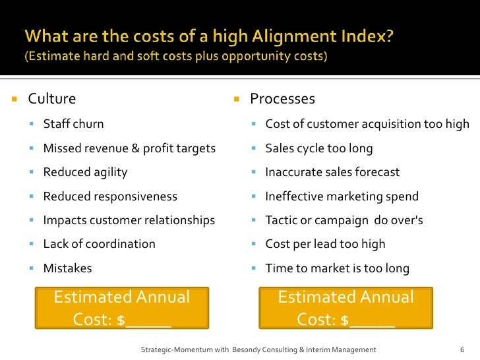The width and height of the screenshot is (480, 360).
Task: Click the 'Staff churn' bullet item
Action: (x=73, y=124)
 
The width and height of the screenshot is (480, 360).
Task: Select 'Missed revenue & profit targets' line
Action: (x=129, y=148)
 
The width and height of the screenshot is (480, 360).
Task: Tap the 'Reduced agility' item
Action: (x=85, y=172)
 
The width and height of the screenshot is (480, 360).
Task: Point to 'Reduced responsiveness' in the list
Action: (x=110, y=196)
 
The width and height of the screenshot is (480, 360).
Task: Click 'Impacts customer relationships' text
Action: (x=129, y=220)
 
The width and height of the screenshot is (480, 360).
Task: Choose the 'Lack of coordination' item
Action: (x=99, y=244)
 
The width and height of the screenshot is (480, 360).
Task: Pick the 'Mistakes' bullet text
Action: (x=67, y=268)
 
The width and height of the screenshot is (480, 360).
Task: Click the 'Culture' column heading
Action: (x=51, y=99)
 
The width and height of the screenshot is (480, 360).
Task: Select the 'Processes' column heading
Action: (x=282, y=99)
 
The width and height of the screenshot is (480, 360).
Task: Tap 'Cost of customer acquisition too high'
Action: (x=367, y=124)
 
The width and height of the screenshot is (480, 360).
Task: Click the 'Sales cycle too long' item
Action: (x=318, y=148)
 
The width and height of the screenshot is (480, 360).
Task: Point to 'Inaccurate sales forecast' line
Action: (x=332, y=172)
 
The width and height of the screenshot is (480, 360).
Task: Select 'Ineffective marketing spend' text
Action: (x=342, y=196)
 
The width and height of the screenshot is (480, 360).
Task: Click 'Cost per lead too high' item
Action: (x=325, y=244)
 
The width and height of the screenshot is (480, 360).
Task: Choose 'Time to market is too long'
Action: (x=337, y=268)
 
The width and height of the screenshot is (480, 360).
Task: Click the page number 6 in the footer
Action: (x=462, y=349)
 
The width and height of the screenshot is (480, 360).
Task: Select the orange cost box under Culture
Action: (x=121, y=308)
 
